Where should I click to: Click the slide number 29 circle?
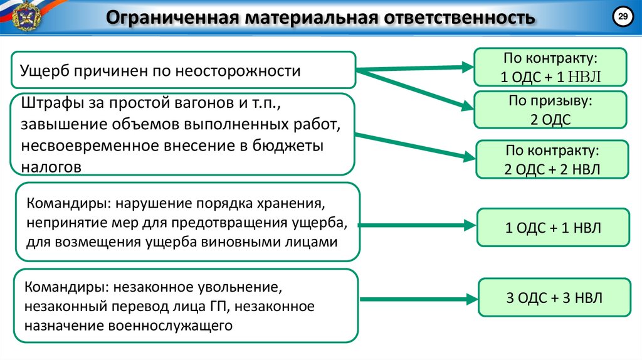623,18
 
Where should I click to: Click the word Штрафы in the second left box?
49,103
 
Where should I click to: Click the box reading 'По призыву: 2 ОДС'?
550,111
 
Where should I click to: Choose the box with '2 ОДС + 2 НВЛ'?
552,160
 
